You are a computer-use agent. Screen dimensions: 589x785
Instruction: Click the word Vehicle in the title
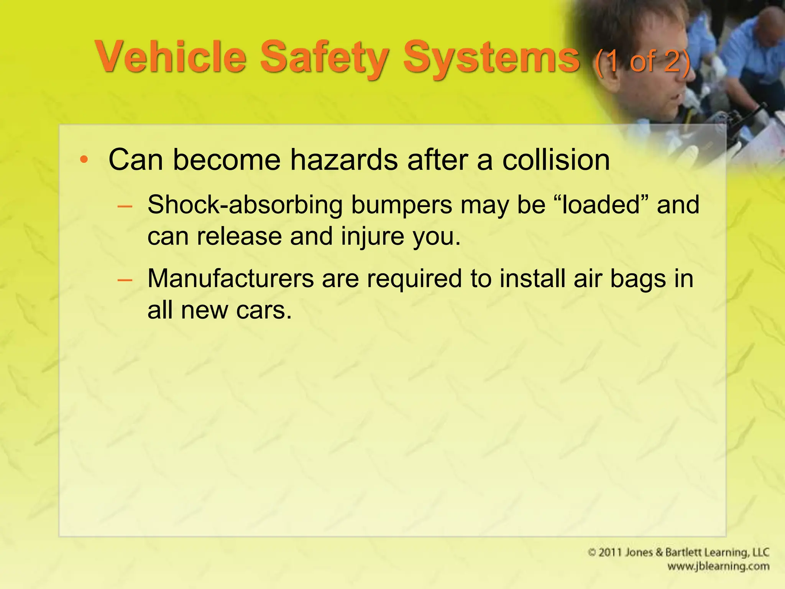pyautogui.click(x=171, y=58)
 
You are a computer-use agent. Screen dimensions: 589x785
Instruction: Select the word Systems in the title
pyautogui.click(x=491, y=58)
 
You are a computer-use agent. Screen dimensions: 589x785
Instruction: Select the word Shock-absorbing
pyautogui.click(x=245, y=205)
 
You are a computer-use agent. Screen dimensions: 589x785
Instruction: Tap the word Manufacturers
pyautogui.click(x=230, y=278)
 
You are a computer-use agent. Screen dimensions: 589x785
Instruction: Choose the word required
pyautogui.click(x=414, y=278)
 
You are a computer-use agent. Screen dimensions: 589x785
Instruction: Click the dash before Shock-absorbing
pyautogui.click(x=125, y=207)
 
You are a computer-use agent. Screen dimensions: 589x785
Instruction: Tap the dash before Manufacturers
pyautogui.click(x=125, y=280)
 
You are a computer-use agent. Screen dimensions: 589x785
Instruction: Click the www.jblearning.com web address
pyautogui.click(x=718, y=566)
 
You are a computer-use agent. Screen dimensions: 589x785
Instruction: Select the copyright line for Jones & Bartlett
pyautogui.click(x=678, y=552)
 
